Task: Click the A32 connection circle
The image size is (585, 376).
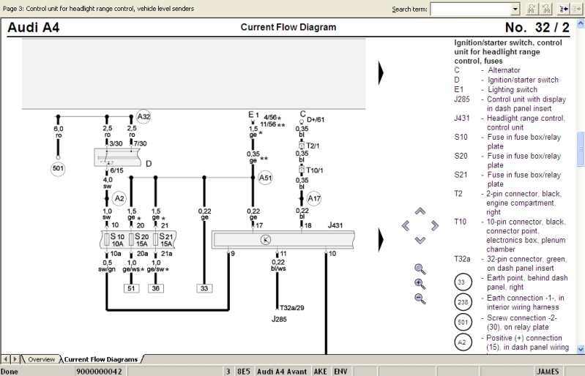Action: click(144, 116)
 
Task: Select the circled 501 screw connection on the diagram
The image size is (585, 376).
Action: click(59, 169)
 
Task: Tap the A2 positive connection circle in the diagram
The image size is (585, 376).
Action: click(119, 198)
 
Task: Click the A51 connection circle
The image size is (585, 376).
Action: click(265, 177)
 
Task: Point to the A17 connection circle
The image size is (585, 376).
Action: click(314, 198)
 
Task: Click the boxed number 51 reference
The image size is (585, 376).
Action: click(133, 288)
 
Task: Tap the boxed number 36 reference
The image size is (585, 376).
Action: click(156, 288)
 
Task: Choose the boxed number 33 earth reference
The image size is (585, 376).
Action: click(204, 288)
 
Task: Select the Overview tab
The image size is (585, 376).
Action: click(42, 359)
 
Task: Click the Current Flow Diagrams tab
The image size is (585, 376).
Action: click(101, 359)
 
